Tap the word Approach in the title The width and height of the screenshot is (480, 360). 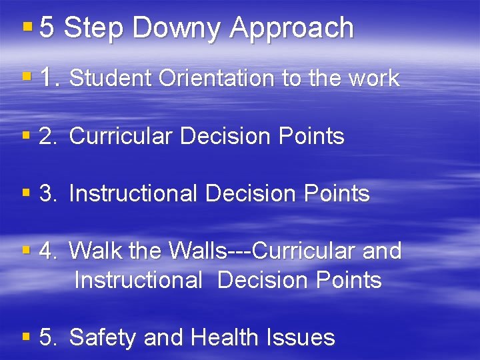pos(292,29)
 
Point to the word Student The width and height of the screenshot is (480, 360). pos(111,79)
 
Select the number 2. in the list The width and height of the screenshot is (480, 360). pos(49,137)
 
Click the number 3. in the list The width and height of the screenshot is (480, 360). pos(49,194)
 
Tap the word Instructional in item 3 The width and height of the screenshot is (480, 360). pos(133,194)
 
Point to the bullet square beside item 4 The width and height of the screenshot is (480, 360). pos(27,251)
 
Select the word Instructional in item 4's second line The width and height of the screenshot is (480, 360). pos(139,280)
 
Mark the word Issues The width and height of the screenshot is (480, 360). pos(303,337)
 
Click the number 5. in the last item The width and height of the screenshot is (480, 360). pos(49,337)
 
